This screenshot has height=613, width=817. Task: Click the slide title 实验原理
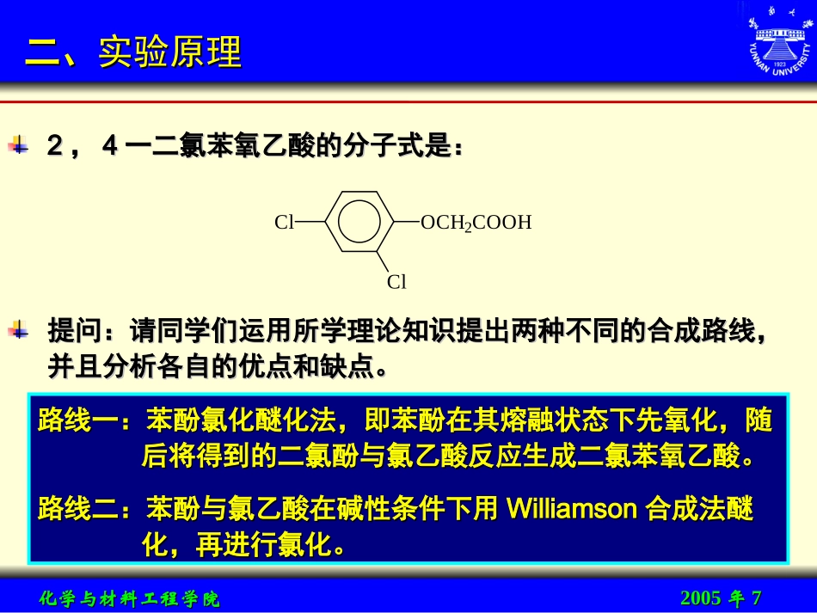click(169, 52)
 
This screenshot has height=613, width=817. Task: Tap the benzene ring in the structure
click(359, 223)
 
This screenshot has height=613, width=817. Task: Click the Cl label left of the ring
click(285, 223)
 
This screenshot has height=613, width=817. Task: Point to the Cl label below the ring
click(396, 282)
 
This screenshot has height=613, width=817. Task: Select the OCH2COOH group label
click(476, 224)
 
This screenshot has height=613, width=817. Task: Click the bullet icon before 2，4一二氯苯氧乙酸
click(18, 145)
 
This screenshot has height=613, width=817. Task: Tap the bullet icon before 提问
click(18, 329)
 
